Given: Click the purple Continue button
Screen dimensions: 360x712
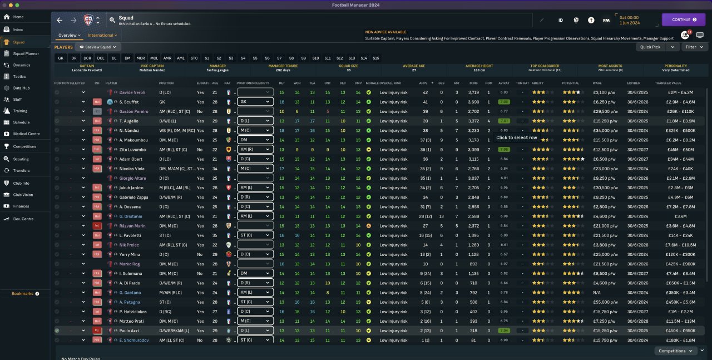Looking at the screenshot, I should pyautogui.click(x=683, y=19).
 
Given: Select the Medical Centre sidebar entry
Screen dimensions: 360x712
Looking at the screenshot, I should pyautogui.click(x=26, y=134).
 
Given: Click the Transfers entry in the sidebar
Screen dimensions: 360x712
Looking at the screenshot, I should pyautogui.click(x=21, y=170).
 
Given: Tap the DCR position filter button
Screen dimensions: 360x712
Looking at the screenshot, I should pyautogui.click(x=87, y=58).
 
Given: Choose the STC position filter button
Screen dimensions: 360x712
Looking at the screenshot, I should pyautogui.click(x=194, y=58).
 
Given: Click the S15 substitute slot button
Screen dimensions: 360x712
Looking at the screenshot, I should pyautogui.click(x=376, y=58).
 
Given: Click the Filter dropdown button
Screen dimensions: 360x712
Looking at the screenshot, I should pyautogui.click(x=694, y=47).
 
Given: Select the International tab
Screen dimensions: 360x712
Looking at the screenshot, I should pyautogui.click(x=102, y=35).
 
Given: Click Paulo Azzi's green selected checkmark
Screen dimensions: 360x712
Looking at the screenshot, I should pyautogui.click(x=57, y=331).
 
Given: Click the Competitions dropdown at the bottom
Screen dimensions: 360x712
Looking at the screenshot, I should pyautogui.click(x=675, y=351).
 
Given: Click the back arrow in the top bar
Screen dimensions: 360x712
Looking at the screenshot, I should pyautogui.click(x=60, y=20).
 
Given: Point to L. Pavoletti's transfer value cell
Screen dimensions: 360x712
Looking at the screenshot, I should pyautogui.click(x=677, y=235).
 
